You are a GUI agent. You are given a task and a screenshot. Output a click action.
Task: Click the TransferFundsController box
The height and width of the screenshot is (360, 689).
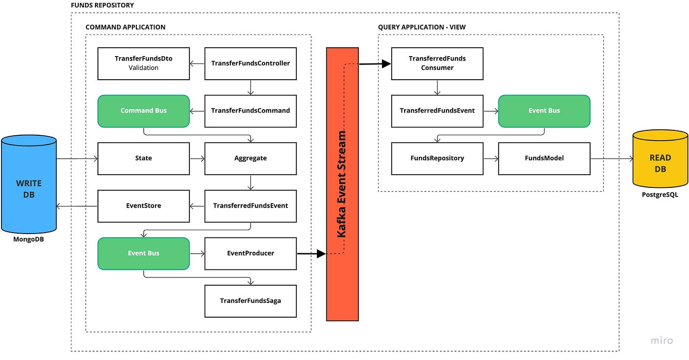[x=251, y=63]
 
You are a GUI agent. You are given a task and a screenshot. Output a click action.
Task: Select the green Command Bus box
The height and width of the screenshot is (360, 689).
[x=144, y=111]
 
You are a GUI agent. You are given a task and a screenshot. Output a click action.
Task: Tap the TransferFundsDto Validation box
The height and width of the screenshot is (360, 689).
[x=144, y=63]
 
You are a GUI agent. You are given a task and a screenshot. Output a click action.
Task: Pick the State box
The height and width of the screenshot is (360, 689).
[x=144, y=158]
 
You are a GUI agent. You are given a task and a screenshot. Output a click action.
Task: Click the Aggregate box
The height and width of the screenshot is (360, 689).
[x=251, y=158]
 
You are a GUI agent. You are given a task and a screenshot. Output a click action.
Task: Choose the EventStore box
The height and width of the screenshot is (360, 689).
[x=144, y=206]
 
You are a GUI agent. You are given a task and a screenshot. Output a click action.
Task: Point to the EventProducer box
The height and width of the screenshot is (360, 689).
[x=251, y=253]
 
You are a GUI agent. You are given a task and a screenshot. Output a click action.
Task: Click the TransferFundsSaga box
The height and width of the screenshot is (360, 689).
[x=251, y=300]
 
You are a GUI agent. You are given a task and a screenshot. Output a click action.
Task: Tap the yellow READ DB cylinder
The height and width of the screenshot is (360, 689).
[x=660, y=159]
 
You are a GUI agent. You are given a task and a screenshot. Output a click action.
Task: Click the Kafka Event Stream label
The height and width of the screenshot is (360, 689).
[x=342, y=184]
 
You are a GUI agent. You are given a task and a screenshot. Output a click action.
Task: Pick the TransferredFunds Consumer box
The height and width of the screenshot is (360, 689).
[x=437, y=63]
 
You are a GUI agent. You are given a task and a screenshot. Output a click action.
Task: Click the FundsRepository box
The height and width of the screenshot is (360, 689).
[x=437, y=158]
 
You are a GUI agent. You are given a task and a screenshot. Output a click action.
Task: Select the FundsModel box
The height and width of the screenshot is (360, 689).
[x=544, y=158]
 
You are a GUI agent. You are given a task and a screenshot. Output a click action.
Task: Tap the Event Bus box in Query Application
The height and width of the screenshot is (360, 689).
[x=544, y=111]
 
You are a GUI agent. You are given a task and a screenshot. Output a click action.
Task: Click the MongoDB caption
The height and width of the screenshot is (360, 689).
[x=29, y=240]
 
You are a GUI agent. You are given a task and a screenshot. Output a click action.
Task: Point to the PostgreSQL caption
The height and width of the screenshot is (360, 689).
[x=660, y=195]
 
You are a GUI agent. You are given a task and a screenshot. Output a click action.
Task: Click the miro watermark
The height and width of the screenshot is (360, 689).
[x=661, y=340]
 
